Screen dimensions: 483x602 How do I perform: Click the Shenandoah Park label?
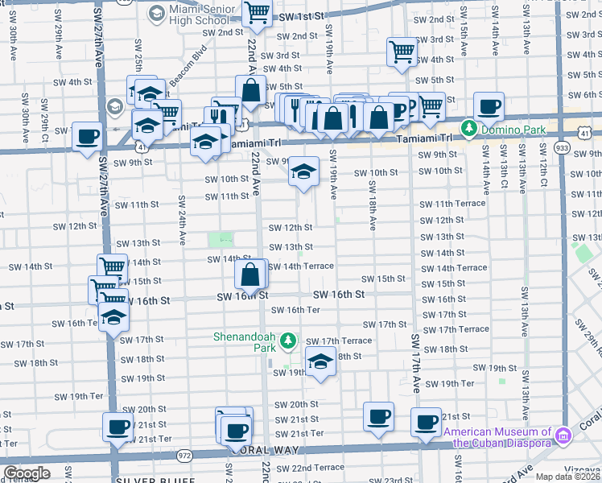pos(245,343)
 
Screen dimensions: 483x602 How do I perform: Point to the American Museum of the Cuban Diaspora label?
pos(499,437)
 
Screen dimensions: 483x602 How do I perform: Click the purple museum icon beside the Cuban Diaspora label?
pos(564,436)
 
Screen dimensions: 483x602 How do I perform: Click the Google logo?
pos(27,473)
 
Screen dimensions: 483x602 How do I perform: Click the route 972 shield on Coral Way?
pos(185,456)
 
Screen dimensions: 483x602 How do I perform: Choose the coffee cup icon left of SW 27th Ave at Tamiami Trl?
pos(89,137)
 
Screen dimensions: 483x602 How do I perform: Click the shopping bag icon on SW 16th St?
pos(251,275)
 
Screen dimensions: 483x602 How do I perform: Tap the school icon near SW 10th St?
pos(303,171)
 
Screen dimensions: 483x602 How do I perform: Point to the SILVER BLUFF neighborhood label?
pos(155,480)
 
